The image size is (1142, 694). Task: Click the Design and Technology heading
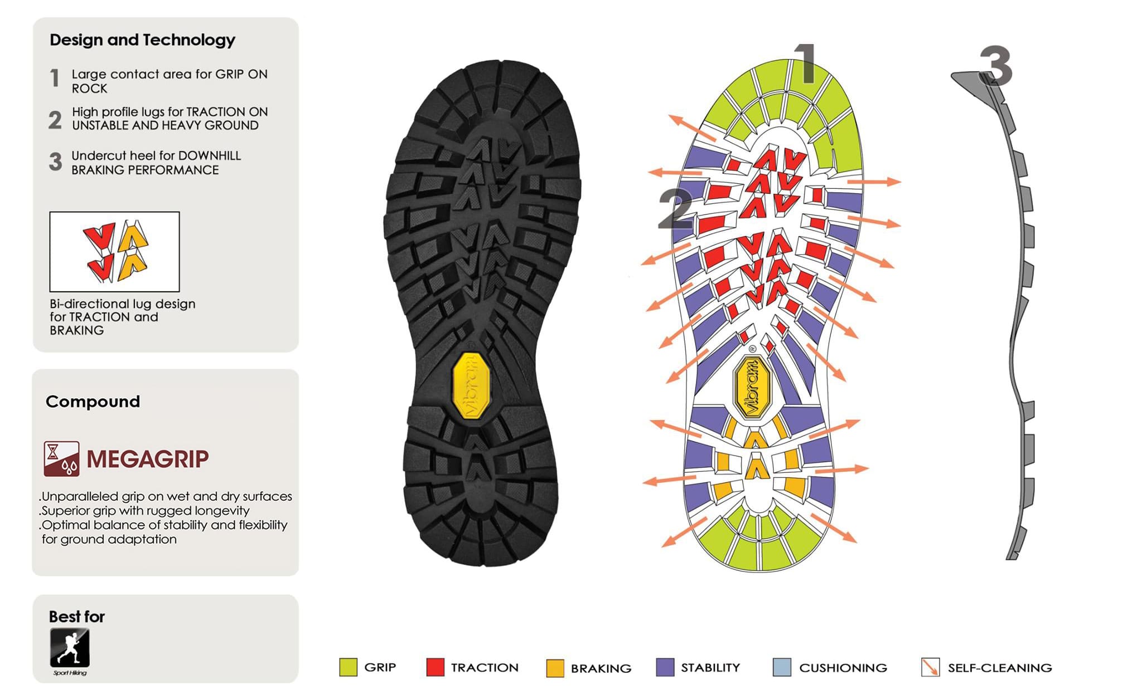(x=142, y=40)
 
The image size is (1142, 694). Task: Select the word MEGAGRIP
(x=148, y=459)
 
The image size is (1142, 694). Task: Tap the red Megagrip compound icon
(x=61, y=459)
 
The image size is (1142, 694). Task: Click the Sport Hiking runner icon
(x=70, y=648)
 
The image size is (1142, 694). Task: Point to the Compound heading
(x=93, y=402)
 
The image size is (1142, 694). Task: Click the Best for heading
(x=77, y=617)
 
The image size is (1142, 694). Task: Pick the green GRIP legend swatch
(x=348, y=667)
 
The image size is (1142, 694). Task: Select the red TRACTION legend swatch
(x=435, y=667)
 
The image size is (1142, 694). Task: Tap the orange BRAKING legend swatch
(x=555, y=668)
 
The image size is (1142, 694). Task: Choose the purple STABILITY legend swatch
(x=665, y=667)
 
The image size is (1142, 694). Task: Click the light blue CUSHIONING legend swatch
(x=782, y=667)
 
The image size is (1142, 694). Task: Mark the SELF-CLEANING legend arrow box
(x=930, y=667)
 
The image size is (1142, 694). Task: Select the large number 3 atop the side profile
(x=996, y=66)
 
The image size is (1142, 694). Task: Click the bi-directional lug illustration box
(x=114, y=252)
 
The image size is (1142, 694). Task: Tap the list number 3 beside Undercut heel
(x=55, y=162)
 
